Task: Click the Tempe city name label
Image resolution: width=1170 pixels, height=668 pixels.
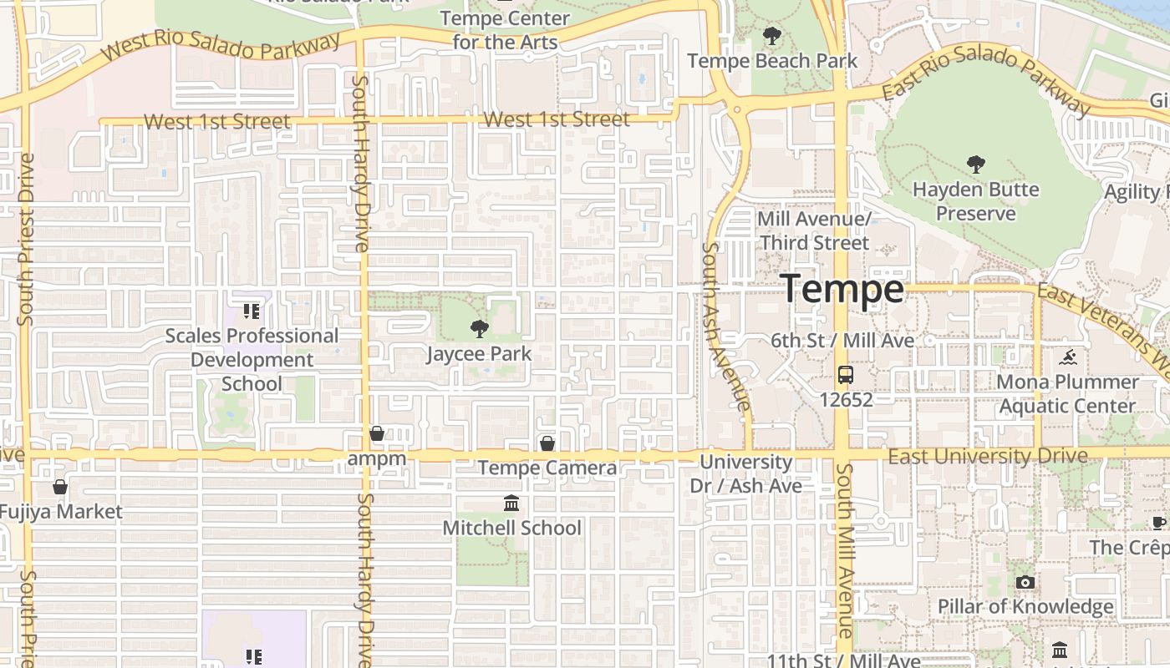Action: (843, 289)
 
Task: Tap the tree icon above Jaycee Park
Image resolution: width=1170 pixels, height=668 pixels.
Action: (479, 328)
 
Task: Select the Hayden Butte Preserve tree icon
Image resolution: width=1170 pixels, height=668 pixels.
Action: (974, 164)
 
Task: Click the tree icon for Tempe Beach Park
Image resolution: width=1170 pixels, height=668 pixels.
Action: (772, 36)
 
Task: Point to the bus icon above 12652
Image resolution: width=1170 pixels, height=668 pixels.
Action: (846, 374)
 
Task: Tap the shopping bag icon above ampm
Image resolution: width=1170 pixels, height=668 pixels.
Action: (377, 433)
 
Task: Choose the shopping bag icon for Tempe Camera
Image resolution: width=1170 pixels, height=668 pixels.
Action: (547, 443)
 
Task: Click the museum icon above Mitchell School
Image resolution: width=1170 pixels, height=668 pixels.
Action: (511, 503)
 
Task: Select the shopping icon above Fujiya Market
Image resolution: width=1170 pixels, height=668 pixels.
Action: (60, 486)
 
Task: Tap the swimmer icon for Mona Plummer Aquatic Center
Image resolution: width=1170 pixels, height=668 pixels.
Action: (1067, 358)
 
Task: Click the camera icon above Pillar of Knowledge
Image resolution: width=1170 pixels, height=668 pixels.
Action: (1025, 582)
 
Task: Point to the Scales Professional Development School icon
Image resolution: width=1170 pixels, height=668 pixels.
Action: (252, 311)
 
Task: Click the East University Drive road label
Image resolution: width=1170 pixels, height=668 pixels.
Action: (987, 456)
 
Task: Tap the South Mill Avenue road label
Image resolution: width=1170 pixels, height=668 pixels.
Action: (844, 551)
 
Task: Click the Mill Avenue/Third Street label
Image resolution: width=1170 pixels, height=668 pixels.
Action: (814, 230)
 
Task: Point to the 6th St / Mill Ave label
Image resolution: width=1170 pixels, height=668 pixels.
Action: (842, 341)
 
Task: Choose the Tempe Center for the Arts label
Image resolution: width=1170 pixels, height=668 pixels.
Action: (505, 29)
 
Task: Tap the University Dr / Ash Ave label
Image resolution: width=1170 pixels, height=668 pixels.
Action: (745, 473)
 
